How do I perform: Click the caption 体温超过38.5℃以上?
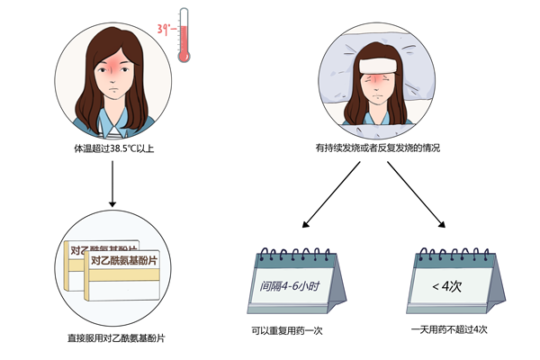(112, 145)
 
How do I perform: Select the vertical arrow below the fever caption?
(112, 180)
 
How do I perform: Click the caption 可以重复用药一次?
(287, 329)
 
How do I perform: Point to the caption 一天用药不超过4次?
(448, 329)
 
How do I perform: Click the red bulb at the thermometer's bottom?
(185, 55)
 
